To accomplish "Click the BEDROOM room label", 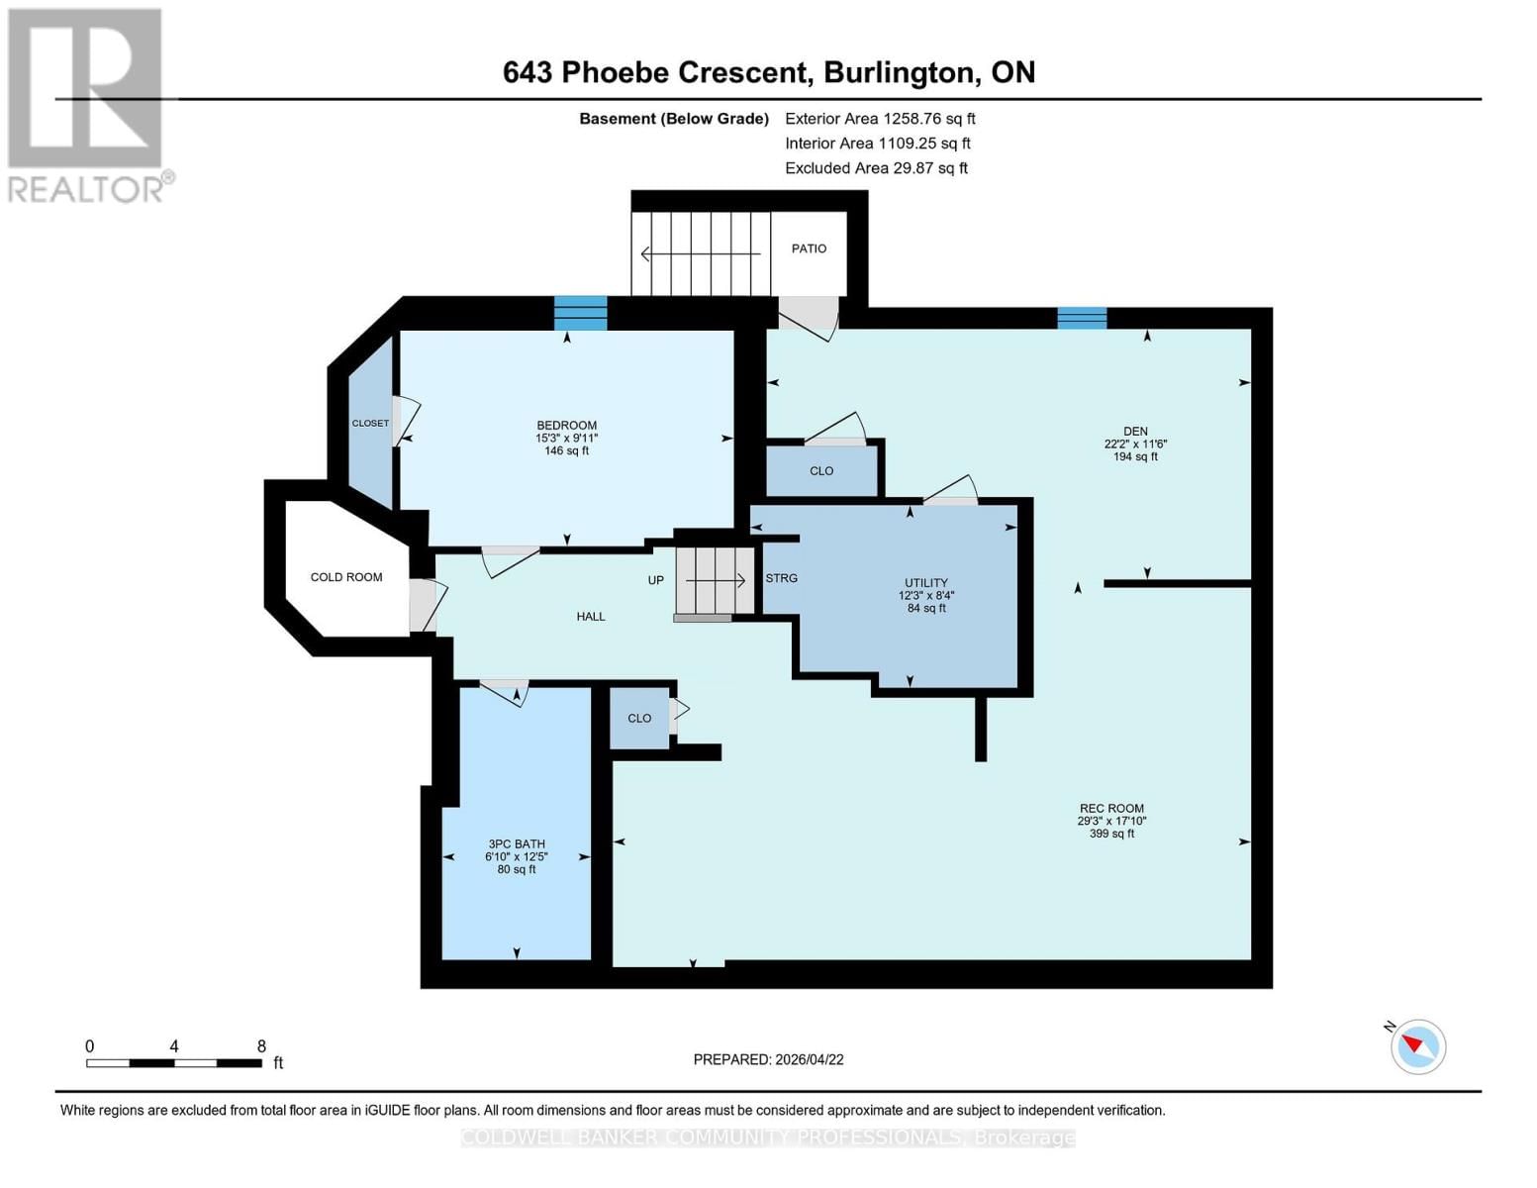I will pyautogui.click(x=566, y=426).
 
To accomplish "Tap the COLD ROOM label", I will pyautogui.click(x=345, y=577).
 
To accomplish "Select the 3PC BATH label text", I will pyautogui.click(x=517, y=844).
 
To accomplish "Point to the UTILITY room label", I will pyautogui.click(x=926, y=583).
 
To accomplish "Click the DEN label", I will pyautogui.click(x=1135, y=432).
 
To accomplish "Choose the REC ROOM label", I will pyautogui.click(x=1111, y=809).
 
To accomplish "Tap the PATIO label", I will pyautogui.click(x=809, y=248).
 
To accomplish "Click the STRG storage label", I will pyautogui.click(x=781, y=578).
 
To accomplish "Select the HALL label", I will pyautogui.click(x=591, y=617).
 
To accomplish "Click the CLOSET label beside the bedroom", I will pyautogui.click(x=370, y=424).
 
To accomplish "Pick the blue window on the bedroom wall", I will pyautogui.click(x=580, y=313).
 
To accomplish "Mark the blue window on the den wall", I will pyautogui.click(x=1082, y=318).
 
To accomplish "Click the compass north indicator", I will pyautogui.click(x=1417, y=1045).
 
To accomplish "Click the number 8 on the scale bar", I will pyautogui.click(x=261, y=1046).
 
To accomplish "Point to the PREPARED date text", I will pyautogui.click(x=768, y=1059).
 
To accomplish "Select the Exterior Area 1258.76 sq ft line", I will pyautogui.click(x=880, y=119).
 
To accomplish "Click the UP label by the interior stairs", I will pyautogui.click(x=655, y=580).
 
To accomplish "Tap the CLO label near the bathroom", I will pyautogui.click(x=639, y=719).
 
